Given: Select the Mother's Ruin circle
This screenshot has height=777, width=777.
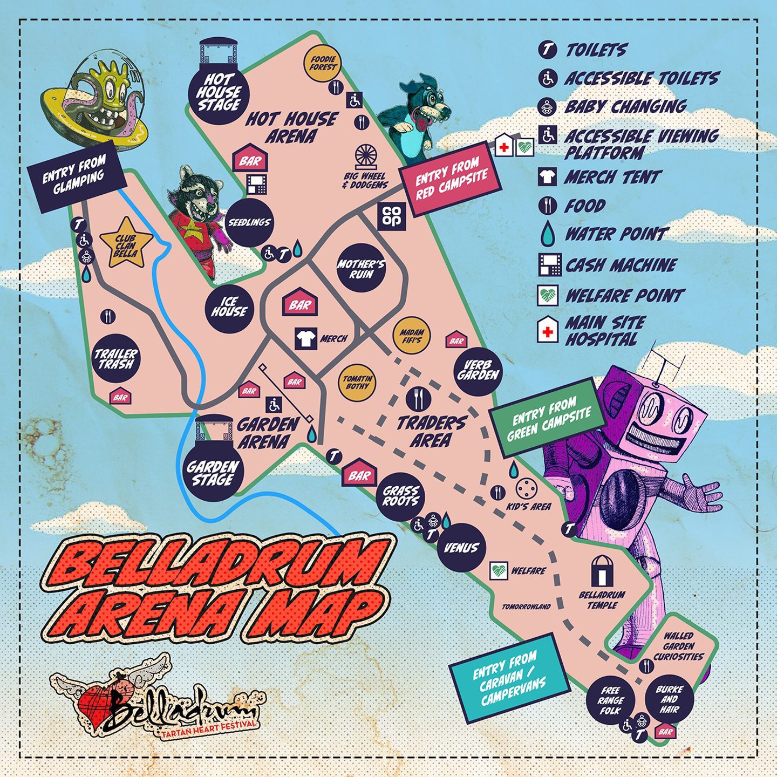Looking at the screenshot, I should coord(361,268).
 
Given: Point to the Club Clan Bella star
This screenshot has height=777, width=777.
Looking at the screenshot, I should coord(126,244).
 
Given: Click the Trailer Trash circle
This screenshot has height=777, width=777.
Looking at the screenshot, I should coord(117,358).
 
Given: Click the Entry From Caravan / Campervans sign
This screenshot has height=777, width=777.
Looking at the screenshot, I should coord(509,678).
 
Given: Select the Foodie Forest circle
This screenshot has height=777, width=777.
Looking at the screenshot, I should coord(323,63).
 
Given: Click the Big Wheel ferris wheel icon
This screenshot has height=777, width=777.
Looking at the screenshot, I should coord(366,156).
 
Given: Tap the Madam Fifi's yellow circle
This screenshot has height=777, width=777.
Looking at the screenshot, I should coord(412,336).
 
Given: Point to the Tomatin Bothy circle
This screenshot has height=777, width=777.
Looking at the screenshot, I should coord(357,381).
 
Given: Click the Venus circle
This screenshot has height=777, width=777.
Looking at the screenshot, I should coord(461,548).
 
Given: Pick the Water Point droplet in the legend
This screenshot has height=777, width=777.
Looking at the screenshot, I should coord(548,234).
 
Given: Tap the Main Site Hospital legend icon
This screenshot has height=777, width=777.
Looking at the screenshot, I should coord(548,330).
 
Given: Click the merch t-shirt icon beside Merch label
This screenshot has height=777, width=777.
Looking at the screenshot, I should coord(306,338).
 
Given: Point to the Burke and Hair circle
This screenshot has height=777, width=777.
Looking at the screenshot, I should coord(670,699).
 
